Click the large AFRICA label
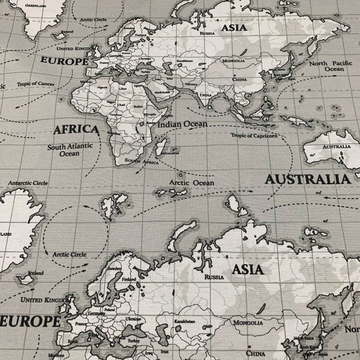(x=76, y=129)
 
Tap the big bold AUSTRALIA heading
(x=307, y=179)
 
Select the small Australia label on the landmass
(x=337, y=147)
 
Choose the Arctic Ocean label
(x=191, y=182)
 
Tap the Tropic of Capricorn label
(x=254, y=135)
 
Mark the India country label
(x=205, y=94)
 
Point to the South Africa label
(x=141, y=161)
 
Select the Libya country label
(x=123, y=88)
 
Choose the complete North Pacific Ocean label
(x=326, y=65)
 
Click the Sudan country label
(x=139, y=102)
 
